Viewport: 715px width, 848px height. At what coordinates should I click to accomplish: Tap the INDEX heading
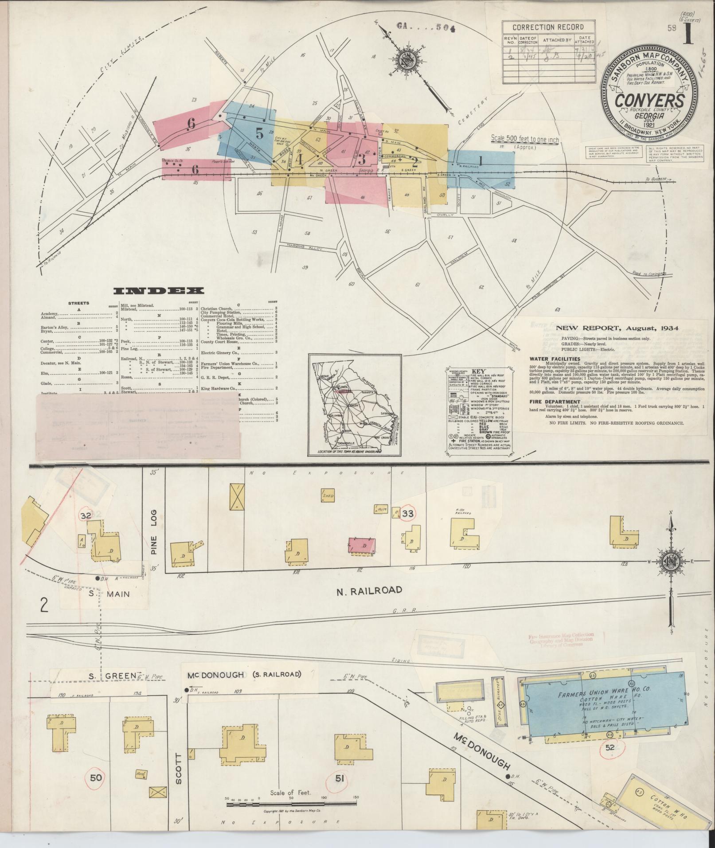coord(159,291)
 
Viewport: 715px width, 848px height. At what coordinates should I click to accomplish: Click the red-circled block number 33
coord(408,514)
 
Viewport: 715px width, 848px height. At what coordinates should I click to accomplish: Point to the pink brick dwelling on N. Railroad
coord(362,545)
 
